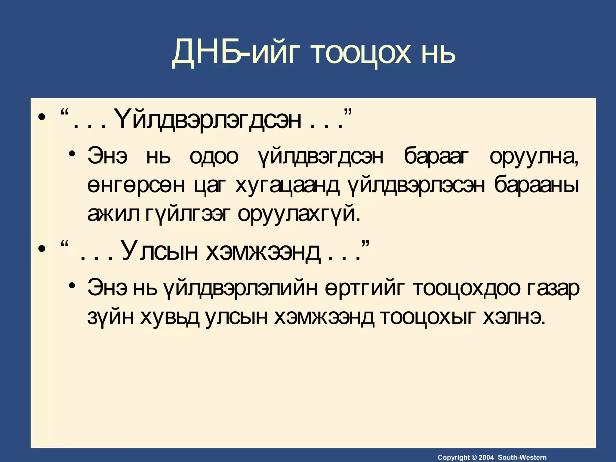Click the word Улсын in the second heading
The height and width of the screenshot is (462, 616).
coord(160,251)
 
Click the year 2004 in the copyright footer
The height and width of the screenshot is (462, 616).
coord(486,457)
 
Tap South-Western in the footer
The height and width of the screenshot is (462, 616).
coord(522,457)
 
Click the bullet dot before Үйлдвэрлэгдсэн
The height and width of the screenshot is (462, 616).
coord(42,117)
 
